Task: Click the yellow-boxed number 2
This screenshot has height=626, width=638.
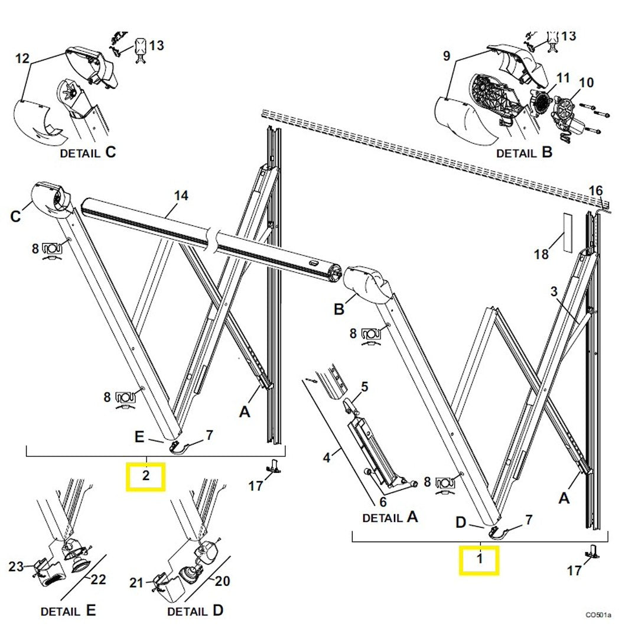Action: click(146, 477)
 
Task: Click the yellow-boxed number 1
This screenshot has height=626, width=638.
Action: click(480, 560)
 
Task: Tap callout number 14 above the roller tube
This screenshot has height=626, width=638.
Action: click(181, 196)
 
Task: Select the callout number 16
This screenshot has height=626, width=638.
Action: click(596, 190)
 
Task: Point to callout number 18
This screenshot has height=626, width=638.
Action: click(541, 254)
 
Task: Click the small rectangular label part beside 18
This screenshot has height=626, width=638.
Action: click(568, 231)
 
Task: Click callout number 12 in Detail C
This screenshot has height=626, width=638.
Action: click(22, 59)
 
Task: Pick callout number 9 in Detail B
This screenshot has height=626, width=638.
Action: click(446, 57)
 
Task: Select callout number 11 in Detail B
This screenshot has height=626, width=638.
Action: click(562, 77)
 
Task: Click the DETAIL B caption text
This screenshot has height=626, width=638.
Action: click(524, 153)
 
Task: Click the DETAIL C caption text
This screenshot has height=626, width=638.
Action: click(88, 153)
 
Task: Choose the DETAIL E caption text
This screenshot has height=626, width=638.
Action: click(68, 610)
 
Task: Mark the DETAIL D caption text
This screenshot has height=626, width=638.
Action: click(195, 610)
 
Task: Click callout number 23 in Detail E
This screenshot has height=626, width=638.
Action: click(16, 567)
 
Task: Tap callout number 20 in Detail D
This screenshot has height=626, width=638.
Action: click(222, 582)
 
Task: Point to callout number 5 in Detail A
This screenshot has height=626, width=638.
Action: click(364, 387)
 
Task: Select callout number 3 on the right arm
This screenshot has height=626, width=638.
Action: click(554, 291)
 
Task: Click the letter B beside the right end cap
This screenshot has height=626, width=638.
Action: click(339, 309)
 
